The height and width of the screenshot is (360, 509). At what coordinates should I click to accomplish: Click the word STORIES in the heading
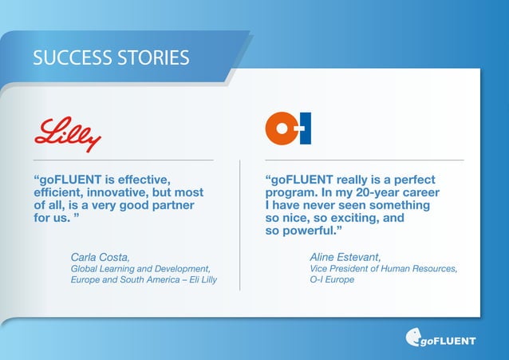pyautogui.click(x=152, y=57)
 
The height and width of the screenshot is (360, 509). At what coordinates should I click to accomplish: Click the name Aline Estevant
pyautogui.click(x=345, y=257)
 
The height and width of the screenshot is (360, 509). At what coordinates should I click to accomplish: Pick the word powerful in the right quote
pyautogui.click(x=308, y=231)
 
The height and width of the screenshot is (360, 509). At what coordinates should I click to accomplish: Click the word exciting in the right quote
pyautogui.click(x=351, y=218)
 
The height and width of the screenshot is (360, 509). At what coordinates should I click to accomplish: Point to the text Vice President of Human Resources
pyautogui.click(x=383, y=269)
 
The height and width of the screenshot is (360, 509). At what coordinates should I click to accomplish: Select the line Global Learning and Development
pyautogui.click(x=140, y=269)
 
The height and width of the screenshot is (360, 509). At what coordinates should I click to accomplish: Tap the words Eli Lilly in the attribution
pyautogui.click(x=200, y=281)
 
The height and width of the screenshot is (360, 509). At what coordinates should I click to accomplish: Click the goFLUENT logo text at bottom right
pyautogui.click(x=448, y=341)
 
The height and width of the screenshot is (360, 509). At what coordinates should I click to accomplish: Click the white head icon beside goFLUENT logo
pyautogui.click(x=414, y=338)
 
